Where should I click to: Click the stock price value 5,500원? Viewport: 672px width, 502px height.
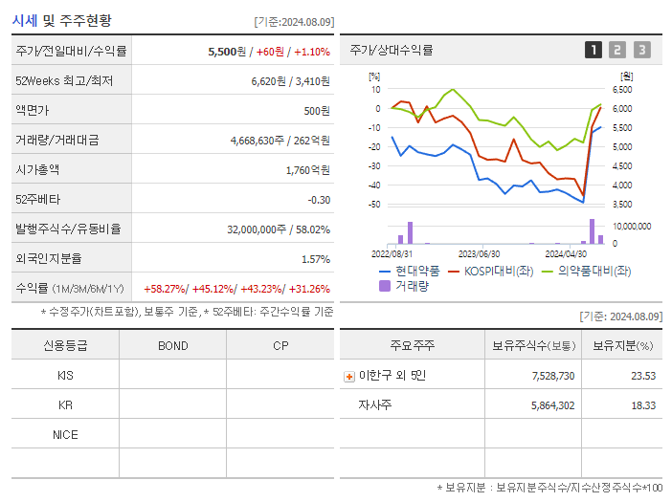coord(227,51)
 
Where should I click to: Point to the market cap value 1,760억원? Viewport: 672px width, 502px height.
coord(307,170)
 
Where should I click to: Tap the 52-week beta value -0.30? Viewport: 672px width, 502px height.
coord(318,200)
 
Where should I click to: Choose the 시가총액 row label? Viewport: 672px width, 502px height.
coord(37,170)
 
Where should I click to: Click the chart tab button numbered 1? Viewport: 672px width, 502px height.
coord(594,50)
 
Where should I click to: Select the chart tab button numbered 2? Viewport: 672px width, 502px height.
coord(617,50)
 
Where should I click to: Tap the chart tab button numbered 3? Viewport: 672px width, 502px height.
coord(641,50)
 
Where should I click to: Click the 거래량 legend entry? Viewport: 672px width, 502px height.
coord(411,285)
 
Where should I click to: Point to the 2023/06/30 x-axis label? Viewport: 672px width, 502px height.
coord(479,254)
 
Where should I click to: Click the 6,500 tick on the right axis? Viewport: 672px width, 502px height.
coord(621,89)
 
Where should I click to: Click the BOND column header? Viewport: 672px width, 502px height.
coord(172,345)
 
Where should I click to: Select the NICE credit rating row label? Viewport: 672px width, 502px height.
coord(65,434)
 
